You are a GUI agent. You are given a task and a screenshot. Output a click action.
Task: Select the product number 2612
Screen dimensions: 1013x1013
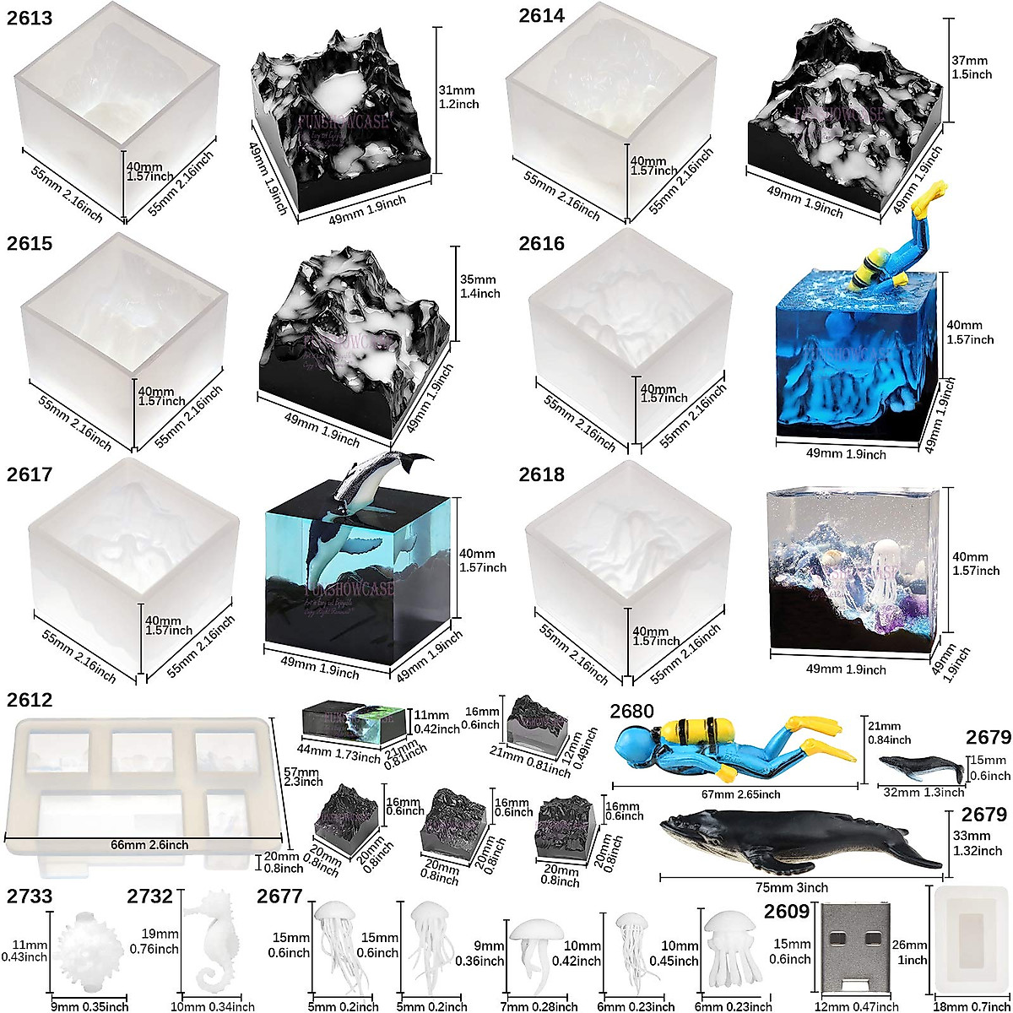pyautogui.click(x=30, y=701)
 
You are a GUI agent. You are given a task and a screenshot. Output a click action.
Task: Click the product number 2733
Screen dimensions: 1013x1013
pyautogui.click(x=30, y=897)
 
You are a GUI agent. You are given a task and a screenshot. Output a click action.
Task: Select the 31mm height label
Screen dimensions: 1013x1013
pyautogui.click(x=458, y=96)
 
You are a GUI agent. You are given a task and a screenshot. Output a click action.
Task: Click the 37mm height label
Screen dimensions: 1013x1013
pyautogui.click(x=968, y=68)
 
